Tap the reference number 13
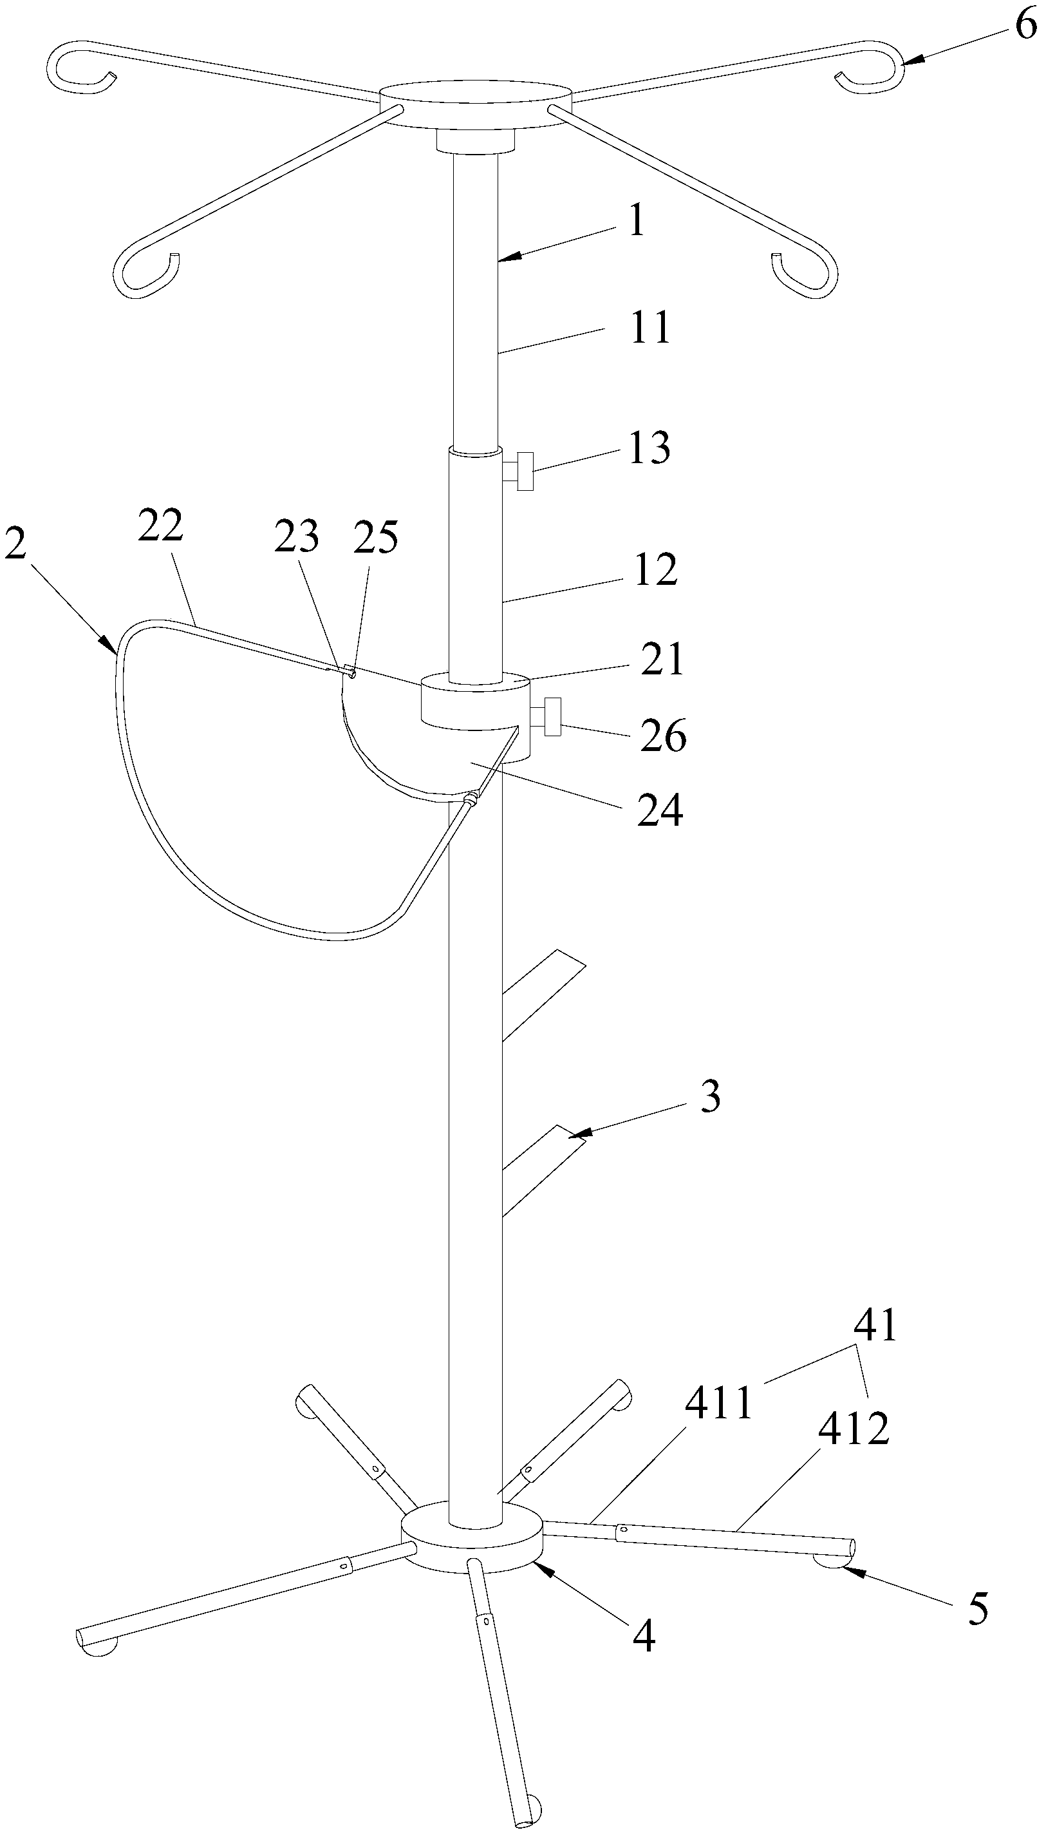(650, 448)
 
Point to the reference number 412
(854, 1427)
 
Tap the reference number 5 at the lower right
(978, 1607)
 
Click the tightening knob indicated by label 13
(523, 471)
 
